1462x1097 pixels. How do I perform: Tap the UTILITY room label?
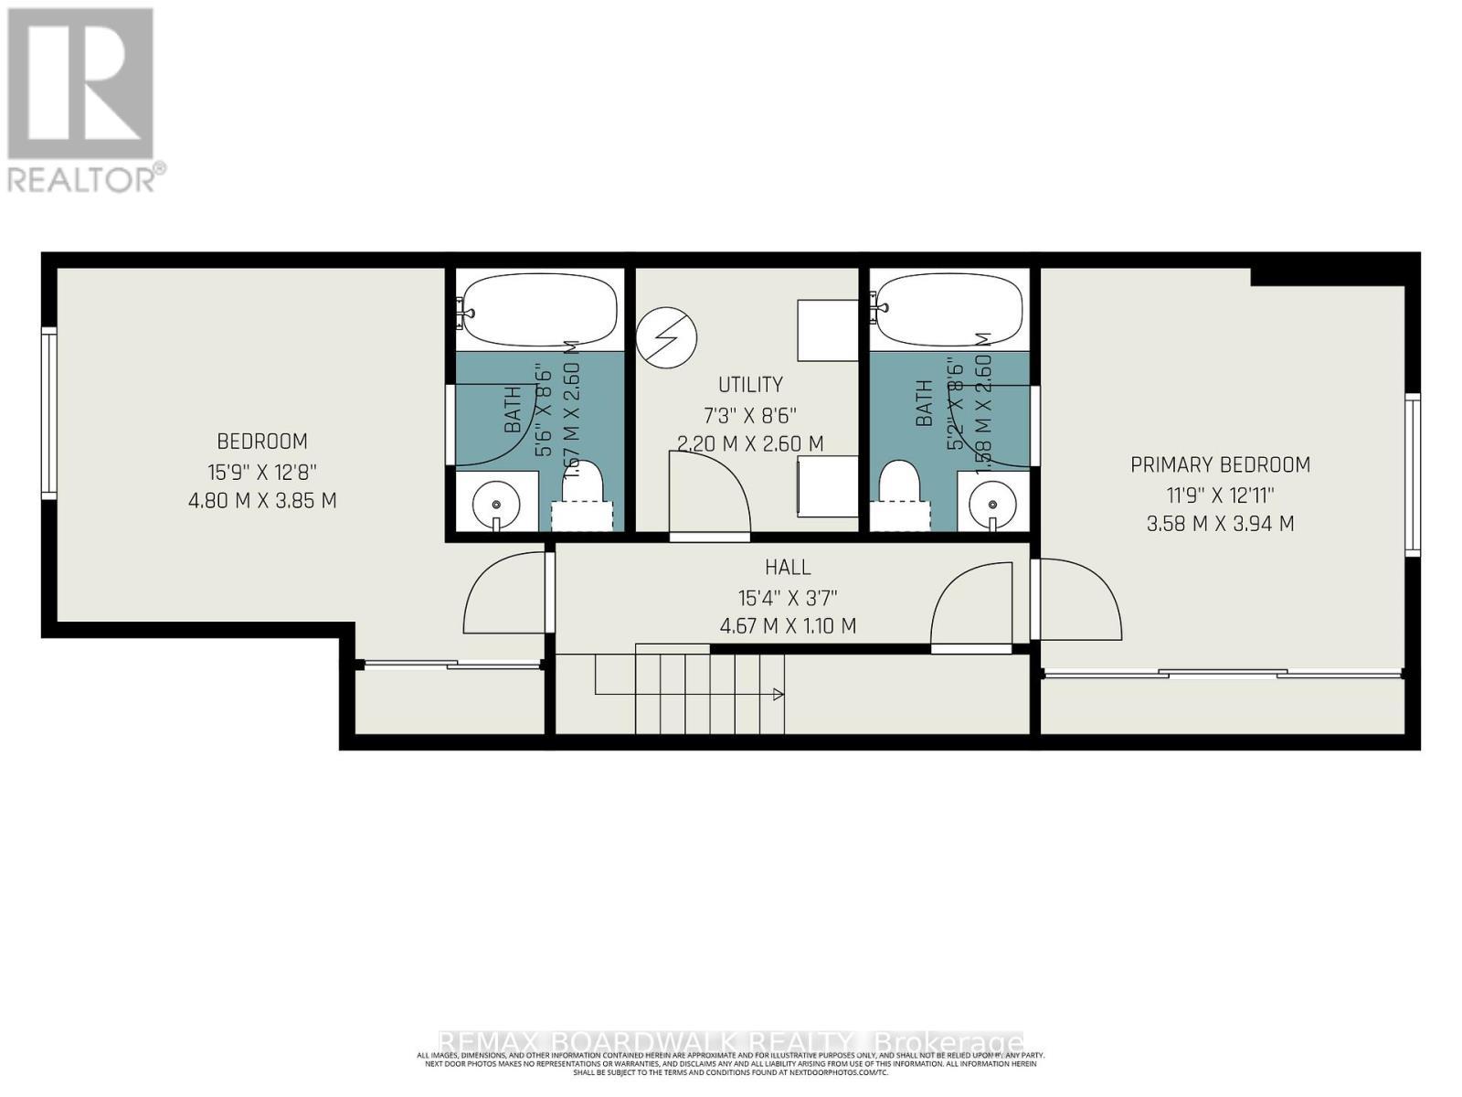click(750, 384)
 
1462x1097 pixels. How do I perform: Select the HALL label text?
click(788, 567)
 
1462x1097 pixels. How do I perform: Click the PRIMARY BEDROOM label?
click(1220, 464)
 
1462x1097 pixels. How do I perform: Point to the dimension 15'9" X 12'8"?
click(261, 472)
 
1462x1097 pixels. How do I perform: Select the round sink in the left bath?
click(496, 505)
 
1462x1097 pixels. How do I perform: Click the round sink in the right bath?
click(992, 504)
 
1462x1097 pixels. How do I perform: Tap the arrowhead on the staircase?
click(778, 695)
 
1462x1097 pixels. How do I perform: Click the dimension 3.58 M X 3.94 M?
click(1220, 524)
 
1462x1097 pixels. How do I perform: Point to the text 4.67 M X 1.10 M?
click(788, 626)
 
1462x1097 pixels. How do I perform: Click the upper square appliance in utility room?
click(827, 329)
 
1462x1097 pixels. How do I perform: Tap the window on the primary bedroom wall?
click(1413, 474)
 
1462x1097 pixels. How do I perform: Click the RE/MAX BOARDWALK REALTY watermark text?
click(731, 1042)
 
